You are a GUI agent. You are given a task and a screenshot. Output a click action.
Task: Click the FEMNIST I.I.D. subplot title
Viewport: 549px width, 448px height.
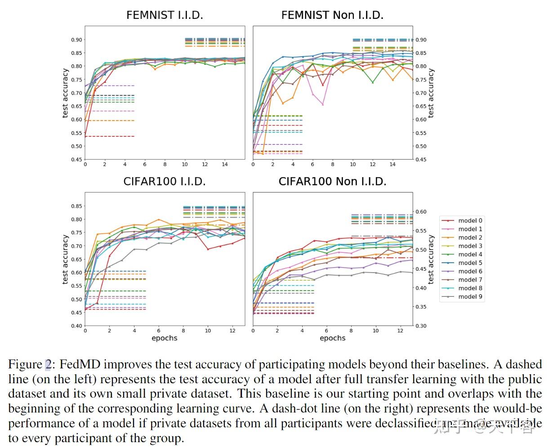(165, 15)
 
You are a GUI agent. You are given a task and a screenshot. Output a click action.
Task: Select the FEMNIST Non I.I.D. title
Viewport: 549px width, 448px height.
(332, 15)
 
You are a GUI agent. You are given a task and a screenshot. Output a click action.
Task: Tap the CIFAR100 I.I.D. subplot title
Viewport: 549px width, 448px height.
(165, 181)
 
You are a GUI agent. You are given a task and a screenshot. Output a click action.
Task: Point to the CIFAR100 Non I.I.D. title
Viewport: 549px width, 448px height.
(332, 181)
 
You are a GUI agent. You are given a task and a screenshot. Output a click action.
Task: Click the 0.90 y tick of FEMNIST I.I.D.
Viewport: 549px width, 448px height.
(76, 40)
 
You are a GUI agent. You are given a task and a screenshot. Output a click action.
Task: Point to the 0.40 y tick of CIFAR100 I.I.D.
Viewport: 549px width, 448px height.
(76, 326)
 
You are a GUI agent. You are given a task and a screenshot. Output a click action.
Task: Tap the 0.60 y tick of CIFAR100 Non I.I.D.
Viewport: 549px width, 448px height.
(421, 211)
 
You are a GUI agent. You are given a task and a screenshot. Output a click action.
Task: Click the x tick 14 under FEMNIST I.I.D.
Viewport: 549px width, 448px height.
(225, 165)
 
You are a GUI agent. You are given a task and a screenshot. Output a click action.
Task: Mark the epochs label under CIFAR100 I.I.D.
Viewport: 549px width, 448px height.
(165, 338)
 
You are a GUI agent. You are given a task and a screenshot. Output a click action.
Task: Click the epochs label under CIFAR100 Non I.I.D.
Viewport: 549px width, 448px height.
(332, 338)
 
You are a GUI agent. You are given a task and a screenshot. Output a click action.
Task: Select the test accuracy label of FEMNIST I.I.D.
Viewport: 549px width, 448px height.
(66, 93)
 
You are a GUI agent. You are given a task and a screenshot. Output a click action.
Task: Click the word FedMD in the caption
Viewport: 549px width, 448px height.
(77, 364)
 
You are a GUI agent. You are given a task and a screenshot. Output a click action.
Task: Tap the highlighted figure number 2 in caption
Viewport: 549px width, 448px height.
(48, 364)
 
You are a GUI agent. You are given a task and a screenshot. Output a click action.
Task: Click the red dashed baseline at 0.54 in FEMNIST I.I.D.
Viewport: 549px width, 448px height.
(112, 136)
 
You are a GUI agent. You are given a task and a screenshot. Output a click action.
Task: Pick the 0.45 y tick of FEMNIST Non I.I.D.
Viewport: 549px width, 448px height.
(421, 159)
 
